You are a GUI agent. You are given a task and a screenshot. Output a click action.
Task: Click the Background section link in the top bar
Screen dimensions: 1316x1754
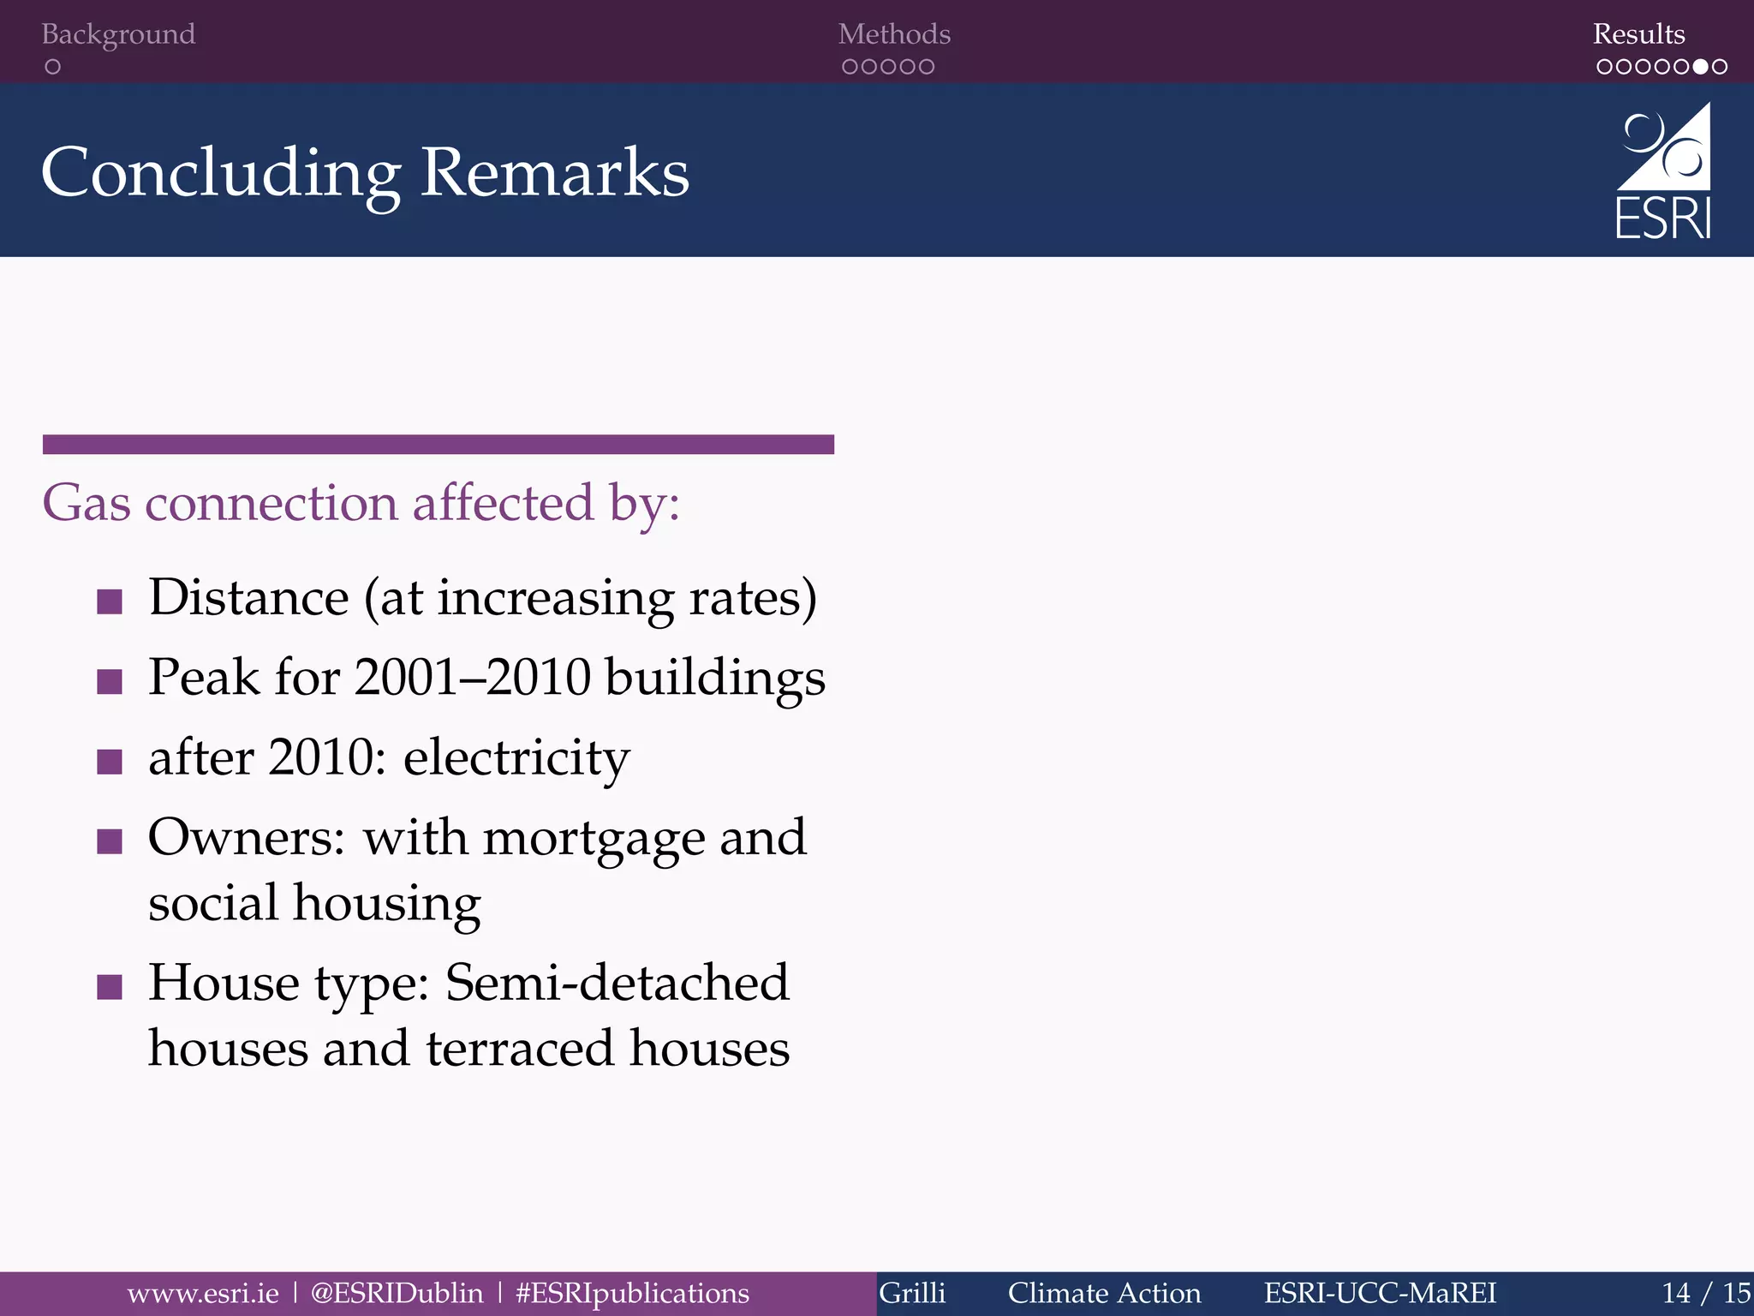tap(118, 34)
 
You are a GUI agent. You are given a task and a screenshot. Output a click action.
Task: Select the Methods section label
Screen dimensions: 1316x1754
tap(894, 34)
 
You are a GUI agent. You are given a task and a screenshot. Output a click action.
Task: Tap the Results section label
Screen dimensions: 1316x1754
tap(1638, 34)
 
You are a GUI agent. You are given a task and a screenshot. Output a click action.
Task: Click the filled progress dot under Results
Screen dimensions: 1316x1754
tap(1700, 67)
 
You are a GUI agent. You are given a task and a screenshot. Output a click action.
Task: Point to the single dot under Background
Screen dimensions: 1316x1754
tap(53, 67)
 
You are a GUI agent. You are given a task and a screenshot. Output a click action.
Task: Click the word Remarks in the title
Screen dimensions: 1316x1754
tap(555, 173)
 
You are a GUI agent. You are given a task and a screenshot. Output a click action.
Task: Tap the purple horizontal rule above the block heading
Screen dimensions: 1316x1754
tap(438, 444)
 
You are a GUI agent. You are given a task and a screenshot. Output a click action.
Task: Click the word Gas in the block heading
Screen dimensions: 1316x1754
tap(87, 503)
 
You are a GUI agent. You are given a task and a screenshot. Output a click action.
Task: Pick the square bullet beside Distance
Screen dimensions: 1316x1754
tap(110, 601)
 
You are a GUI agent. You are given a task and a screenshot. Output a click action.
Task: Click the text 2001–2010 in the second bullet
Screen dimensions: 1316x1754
tap(472, 678)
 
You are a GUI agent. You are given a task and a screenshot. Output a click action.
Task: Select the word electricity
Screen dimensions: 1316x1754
tap(516, 758)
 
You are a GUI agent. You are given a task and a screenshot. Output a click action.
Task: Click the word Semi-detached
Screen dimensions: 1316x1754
tap(617, 983)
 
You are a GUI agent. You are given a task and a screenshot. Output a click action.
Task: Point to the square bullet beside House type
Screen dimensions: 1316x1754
tap(110, 987)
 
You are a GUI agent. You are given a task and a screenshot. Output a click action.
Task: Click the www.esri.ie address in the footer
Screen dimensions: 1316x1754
tap(203, 1293)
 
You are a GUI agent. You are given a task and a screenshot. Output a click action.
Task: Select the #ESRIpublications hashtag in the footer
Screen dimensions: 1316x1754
tap(632, 1293)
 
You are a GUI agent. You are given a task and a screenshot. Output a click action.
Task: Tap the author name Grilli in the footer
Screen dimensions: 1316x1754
tap(912, 1293)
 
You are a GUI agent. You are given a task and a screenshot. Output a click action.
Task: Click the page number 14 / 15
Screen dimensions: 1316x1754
tap(1705, 1293)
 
